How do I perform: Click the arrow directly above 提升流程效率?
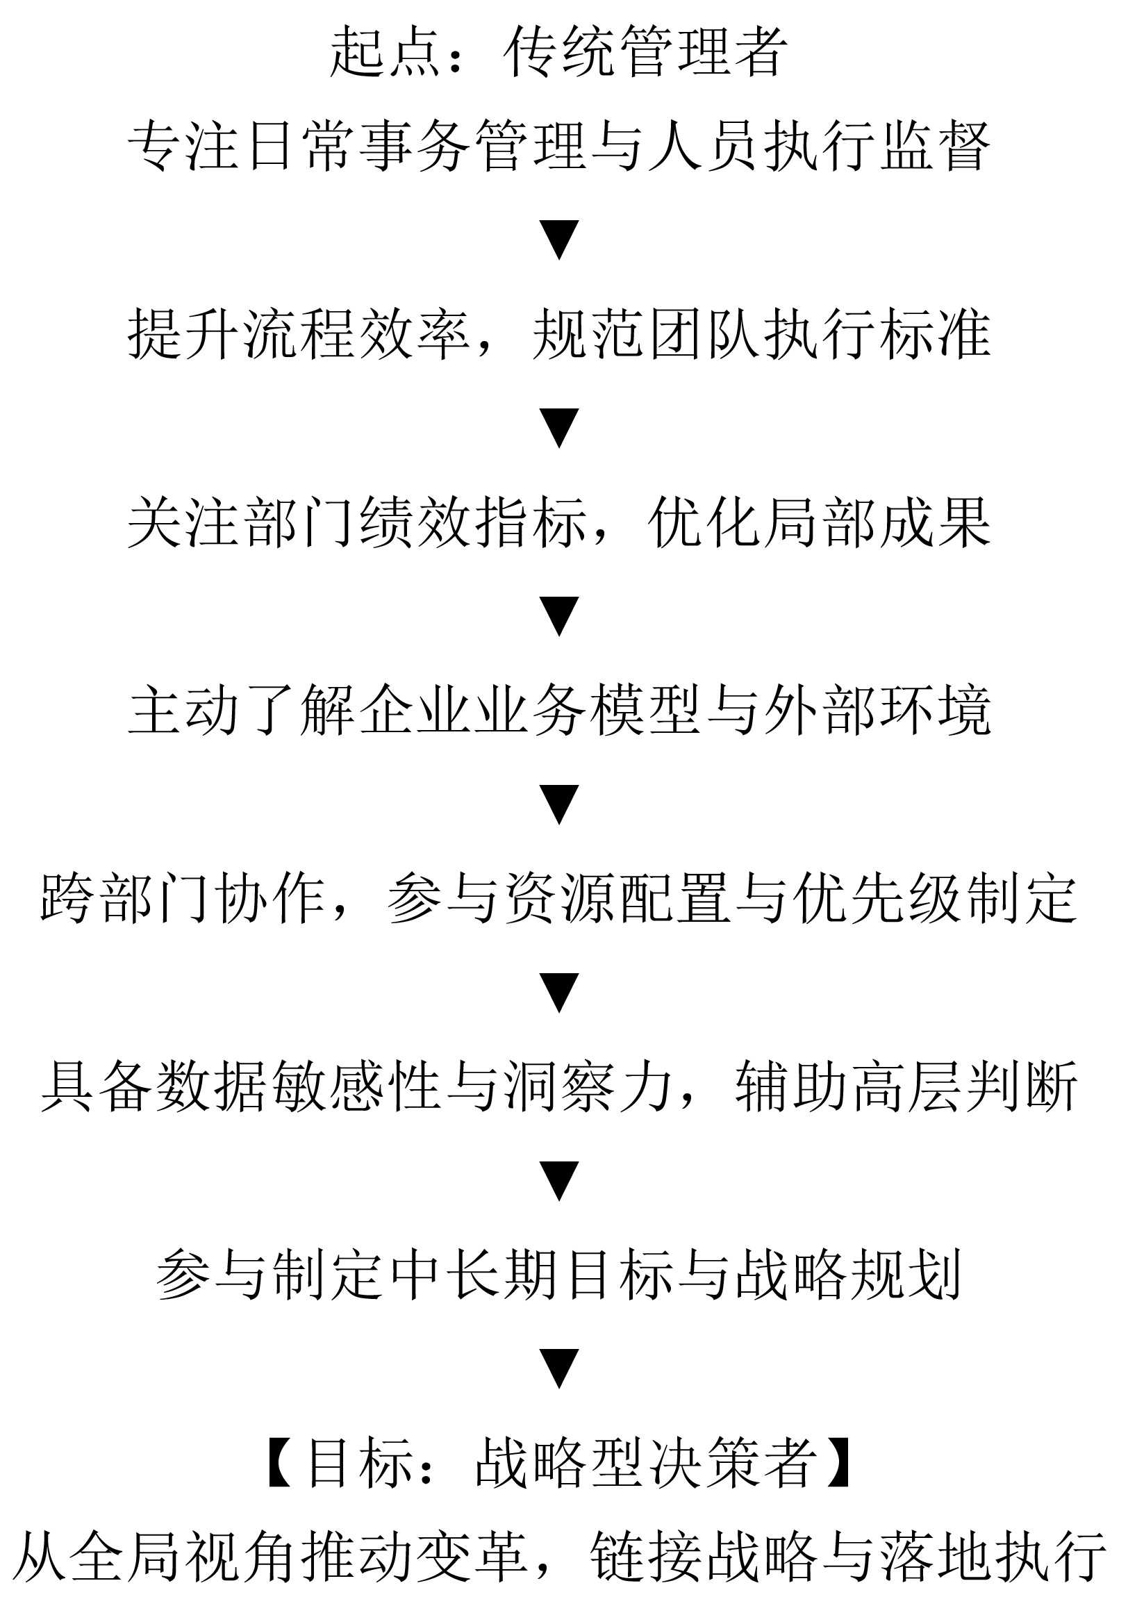[x=559, y=240]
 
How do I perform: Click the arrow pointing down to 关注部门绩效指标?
[x=559, y=428]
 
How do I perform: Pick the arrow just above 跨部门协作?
[x=559, y=804]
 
